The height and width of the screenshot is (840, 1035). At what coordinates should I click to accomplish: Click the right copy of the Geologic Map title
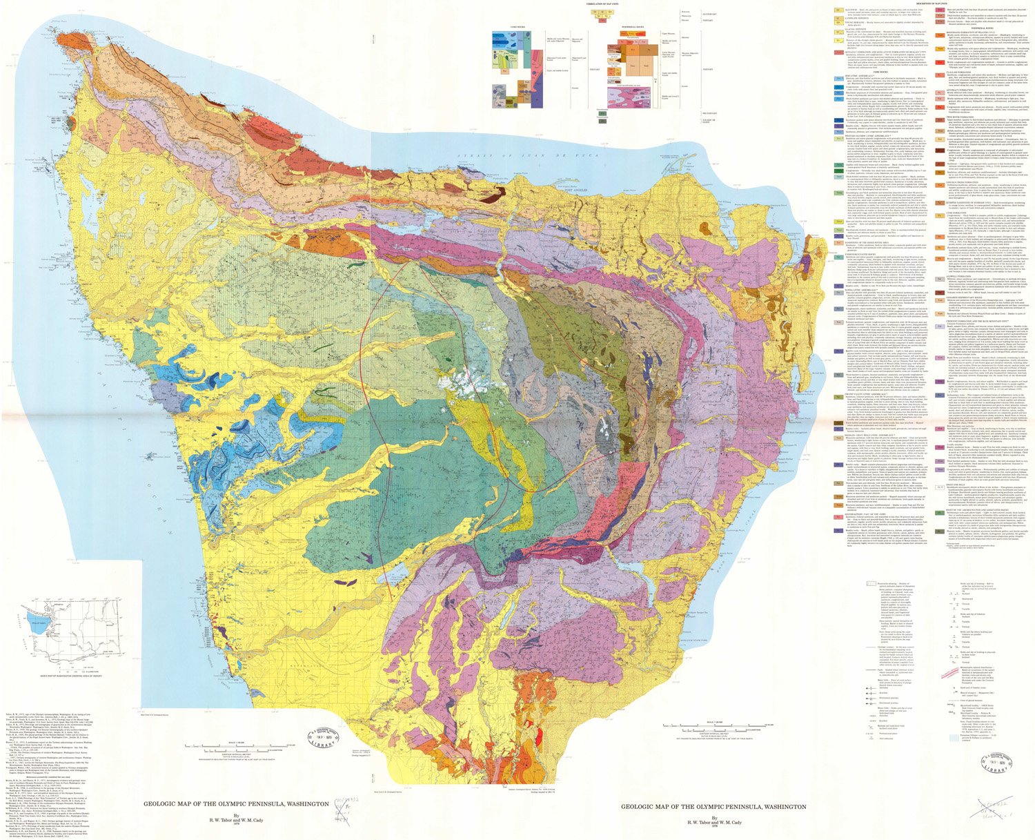(x=713, y=806)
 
